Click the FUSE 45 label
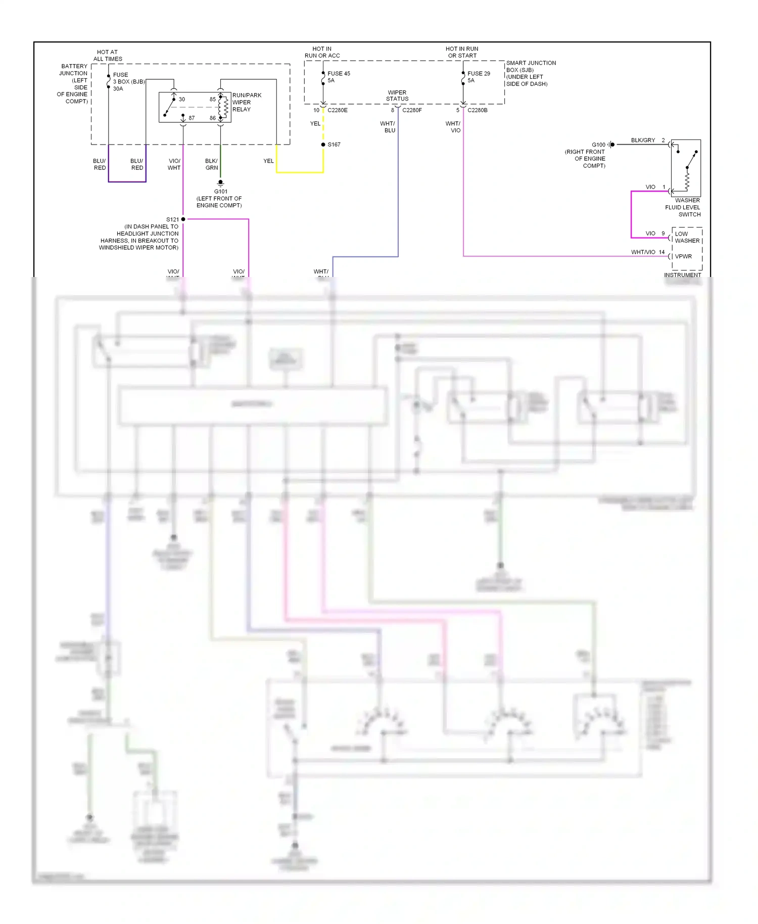coord(339,74)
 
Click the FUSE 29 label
coord(479,74)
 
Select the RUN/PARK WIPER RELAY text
coord(246,103)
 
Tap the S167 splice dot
coord(323,145)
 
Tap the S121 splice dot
coord(183,219)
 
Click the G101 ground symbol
coord(220,182)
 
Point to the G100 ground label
coord(598,145)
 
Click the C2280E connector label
coord(338,110)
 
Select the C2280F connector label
coord(412,110)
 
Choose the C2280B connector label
coord(478,110)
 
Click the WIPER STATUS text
coord(397,96)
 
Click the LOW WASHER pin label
coord(687,238)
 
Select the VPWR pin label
coord(683,257)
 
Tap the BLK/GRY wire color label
coord(643,141)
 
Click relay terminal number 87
coord(192,118)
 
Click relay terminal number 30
coord(182,100)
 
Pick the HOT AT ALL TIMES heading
coord(108,56)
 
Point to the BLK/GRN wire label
coord(211,165)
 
